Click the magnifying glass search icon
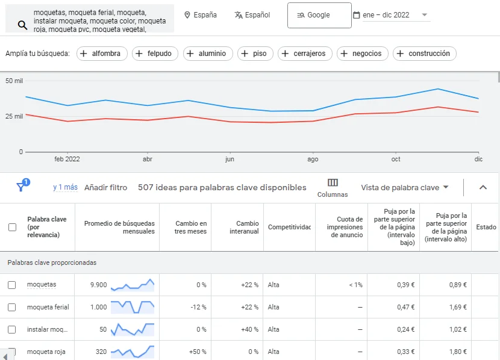22,25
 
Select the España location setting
200,15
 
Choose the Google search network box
319,15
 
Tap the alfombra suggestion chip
100,54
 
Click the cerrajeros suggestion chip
304,54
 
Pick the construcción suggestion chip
424,54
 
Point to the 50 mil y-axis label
14,80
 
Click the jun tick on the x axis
230,160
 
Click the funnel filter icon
21,187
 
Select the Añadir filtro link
105,187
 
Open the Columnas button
333,187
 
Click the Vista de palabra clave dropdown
405,187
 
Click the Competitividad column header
289,227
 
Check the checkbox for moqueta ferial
12,307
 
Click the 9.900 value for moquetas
98,285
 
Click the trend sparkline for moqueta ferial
133,307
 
